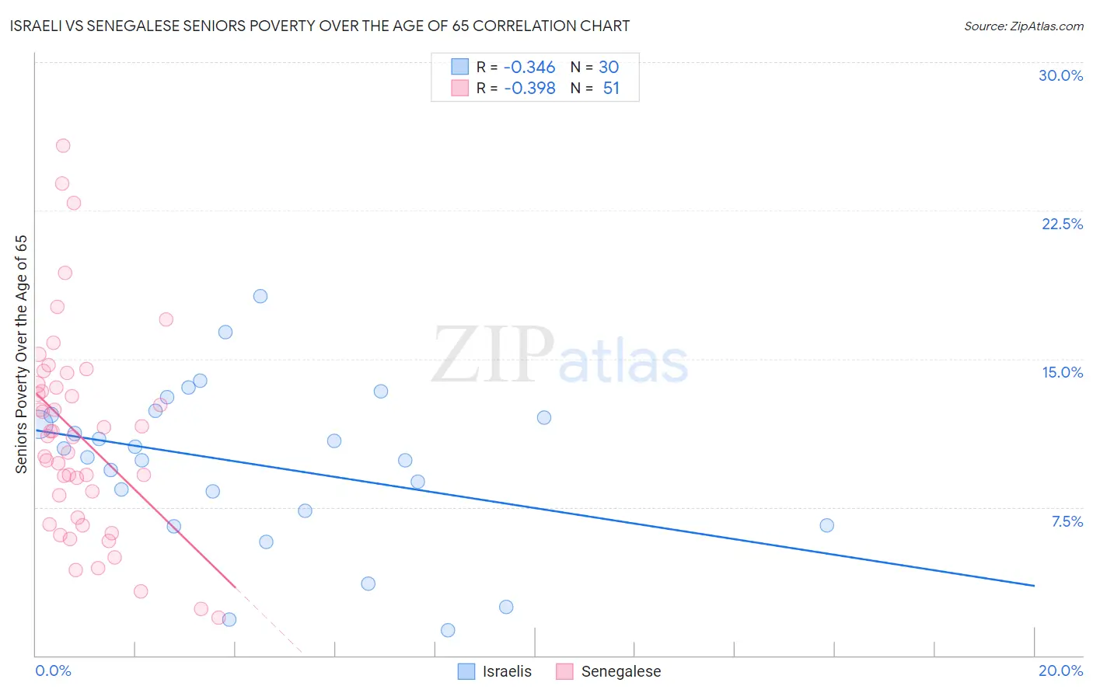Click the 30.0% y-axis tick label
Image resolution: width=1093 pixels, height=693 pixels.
[x=1060, y=75]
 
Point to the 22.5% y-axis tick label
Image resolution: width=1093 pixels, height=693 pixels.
[x=1062, y=224]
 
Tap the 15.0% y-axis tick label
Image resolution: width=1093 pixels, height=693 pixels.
[x=1062, y=372]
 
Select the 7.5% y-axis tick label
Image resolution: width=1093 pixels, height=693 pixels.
[x=1067, y=521]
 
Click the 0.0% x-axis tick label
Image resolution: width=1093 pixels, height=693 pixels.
[x=53, y=670]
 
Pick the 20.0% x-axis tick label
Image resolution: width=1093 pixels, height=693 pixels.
[x=1060, y=670]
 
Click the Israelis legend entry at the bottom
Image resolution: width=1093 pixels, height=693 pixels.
[x=506, y=671]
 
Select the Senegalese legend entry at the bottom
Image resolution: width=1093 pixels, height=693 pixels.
[x=620, y=671]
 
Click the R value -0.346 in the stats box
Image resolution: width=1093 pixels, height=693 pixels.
[x=529, y=68]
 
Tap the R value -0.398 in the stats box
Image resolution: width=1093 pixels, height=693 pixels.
[x=529, y=89]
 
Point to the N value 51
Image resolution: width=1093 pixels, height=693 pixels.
[x=611, y=89]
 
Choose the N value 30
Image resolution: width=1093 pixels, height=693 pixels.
[x=608, y=68]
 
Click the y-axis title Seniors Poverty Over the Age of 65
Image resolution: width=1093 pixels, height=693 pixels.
[x=22, y=353]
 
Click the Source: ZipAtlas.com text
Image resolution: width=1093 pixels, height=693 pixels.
[x=1023, y=26]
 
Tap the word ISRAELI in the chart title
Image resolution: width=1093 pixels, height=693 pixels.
[x=38, y=26]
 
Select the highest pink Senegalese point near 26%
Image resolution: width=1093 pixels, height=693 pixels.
[x=63, y=145]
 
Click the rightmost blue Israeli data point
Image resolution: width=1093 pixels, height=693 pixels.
[x=826, y=525]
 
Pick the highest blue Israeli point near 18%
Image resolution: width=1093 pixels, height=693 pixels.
[x=260, y=296]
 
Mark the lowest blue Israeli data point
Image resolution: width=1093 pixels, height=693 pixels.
[x=448, y=630]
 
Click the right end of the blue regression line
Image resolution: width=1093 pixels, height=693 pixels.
[x=1034, y=585]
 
